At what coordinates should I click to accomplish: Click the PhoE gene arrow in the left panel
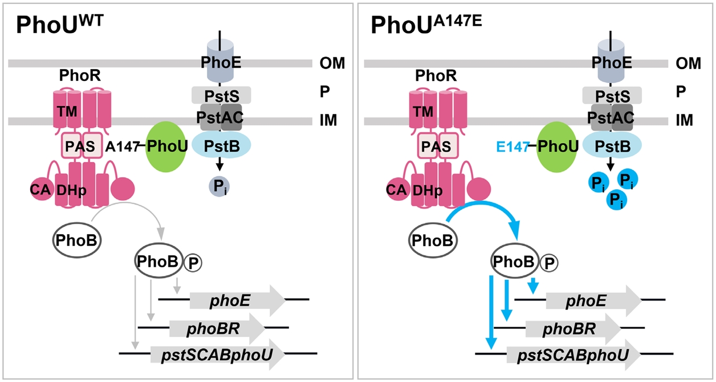click(x=237, y=299)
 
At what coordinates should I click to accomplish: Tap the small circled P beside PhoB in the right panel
click(x=548, y=262)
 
